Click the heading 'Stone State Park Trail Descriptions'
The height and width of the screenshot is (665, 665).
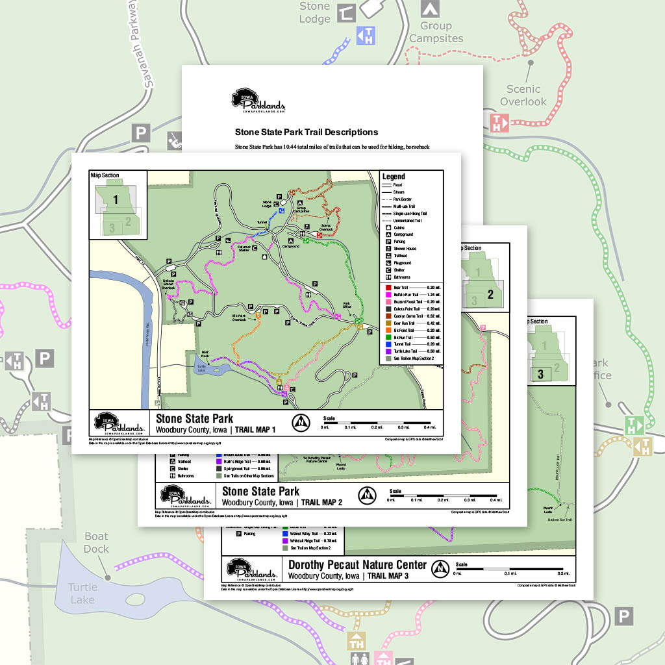(x=307, y=132)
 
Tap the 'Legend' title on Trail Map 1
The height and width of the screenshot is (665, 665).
(x=394, y=177)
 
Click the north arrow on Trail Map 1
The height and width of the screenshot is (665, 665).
(x=301, y=422)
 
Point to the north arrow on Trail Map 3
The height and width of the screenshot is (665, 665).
(x=441, y=569)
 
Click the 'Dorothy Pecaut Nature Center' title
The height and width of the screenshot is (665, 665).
(x=357, y=564)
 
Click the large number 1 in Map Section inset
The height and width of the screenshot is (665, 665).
(x=116, y=199)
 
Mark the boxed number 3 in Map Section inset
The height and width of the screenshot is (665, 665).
(x=540, y=373)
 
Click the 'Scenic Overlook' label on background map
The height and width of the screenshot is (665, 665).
(x=523, y=95)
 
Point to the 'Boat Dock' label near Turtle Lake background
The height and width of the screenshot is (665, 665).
(x=97, y=542)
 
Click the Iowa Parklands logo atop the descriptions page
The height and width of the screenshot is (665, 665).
(x=258, y=101)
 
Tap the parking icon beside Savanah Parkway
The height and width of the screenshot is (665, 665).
(x=141, y=133)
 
